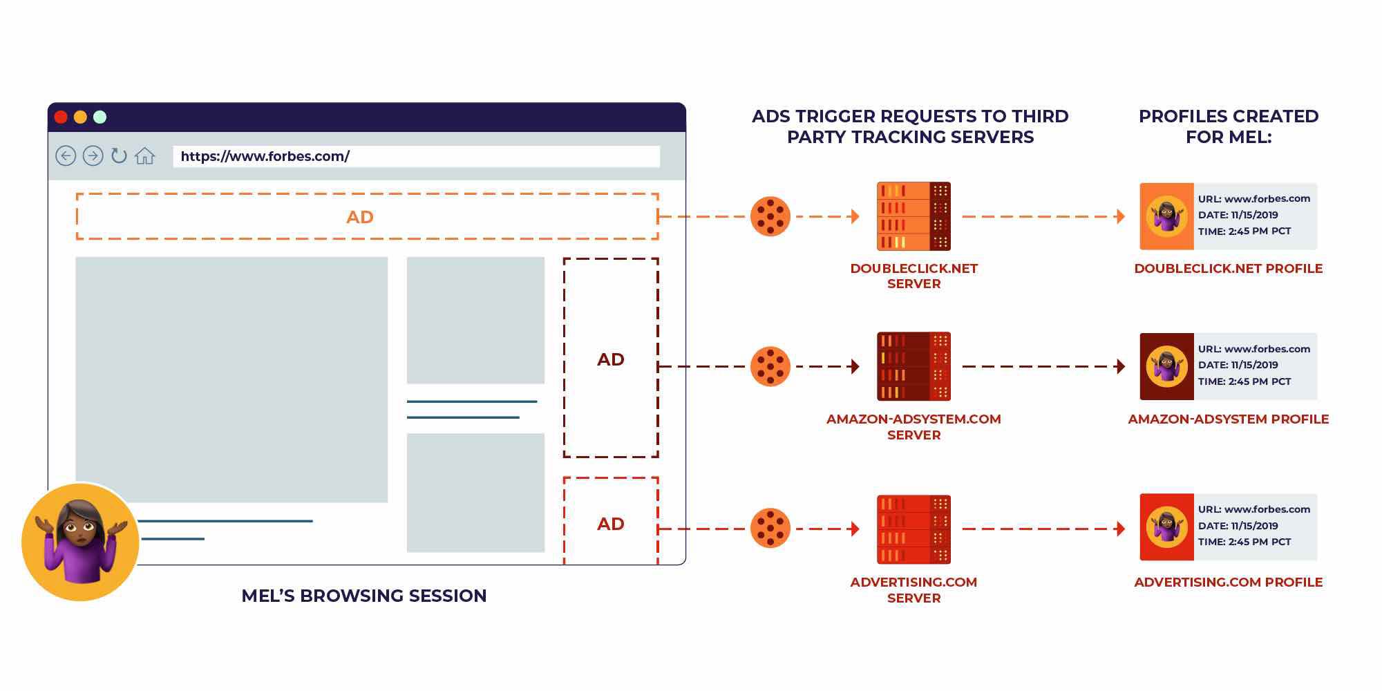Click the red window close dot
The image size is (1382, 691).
coord(61,117)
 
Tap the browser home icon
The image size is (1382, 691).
coord(144,156)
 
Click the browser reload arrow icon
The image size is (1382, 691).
coord(119,155)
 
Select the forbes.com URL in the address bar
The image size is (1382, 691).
coord(265,156)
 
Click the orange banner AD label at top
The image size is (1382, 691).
coord(359,217)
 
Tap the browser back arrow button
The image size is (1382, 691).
coord(66,156)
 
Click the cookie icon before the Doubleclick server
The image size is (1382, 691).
coord(770,216)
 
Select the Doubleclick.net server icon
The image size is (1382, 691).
coord(914,216)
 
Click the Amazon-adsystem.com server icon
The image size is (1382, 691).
coord(914,366)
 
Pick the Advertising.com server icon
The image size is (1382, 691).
coord(914,529)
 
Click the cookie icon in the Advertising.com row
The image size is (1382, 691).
coord(770,529)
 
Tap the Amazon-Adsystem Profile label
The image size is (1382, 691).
coord(1228,419)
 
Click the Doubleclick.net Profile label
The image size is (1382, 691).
coord(1228,268)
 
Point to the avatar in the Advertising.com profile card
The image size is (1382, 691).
coord(1166,527)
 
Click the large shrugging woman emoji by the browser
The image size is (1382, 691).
coord(81,542)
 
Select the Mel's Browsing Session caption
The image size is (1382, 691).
coord(363,596)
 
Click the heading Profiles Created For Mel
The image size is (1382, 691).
coord(1228,126)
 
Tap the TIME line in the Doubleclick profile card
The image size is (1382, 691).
coord(1244,231)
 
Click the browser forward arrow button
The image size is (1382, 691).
coord(93,156)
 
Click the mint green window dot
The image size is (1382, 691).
coord(100,117)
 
